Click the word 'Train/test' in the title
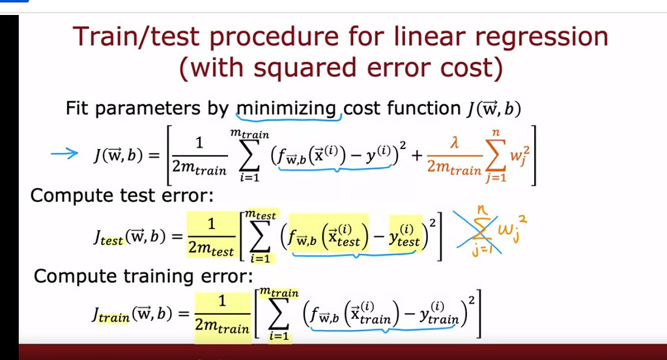pyautogui.click(x=136, y=36)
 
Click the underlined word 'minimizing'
pyautogui.click(x=287, y=108)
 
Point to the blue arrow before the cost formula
pyautogui.click(x=64, y=154)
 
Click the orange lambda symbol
pyautogui.click(x=455, y=143)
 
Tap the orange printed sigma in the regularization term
pyautogui.click(x=495, y=156)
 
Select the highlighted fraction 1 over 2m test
pyautogui.click(x=212, y=236)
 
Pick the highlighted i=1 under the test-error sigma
pyautogui.click(x=261, y=258)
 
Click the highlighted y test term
pyautogui.click(x=404, y=236)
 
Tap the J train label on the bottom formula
pyautogui.click(x=111, y=315)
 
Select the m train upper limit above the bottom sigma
pyautogui.click(x=279, y=292)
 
